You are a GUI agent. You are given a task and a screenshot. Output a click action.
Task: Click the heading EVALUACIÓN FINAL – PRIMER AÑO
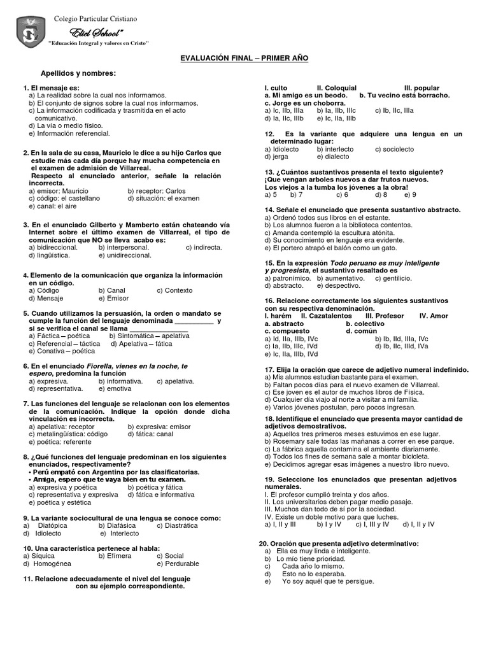244,58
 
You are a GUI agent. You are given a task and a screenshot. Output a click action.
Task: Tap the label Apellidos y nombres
78,73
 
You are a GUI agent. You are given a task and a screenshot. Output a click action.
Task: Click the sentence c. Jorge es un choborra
305,103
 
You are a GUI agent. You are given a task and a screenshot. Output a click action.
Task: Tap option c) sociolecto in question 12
394,149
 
